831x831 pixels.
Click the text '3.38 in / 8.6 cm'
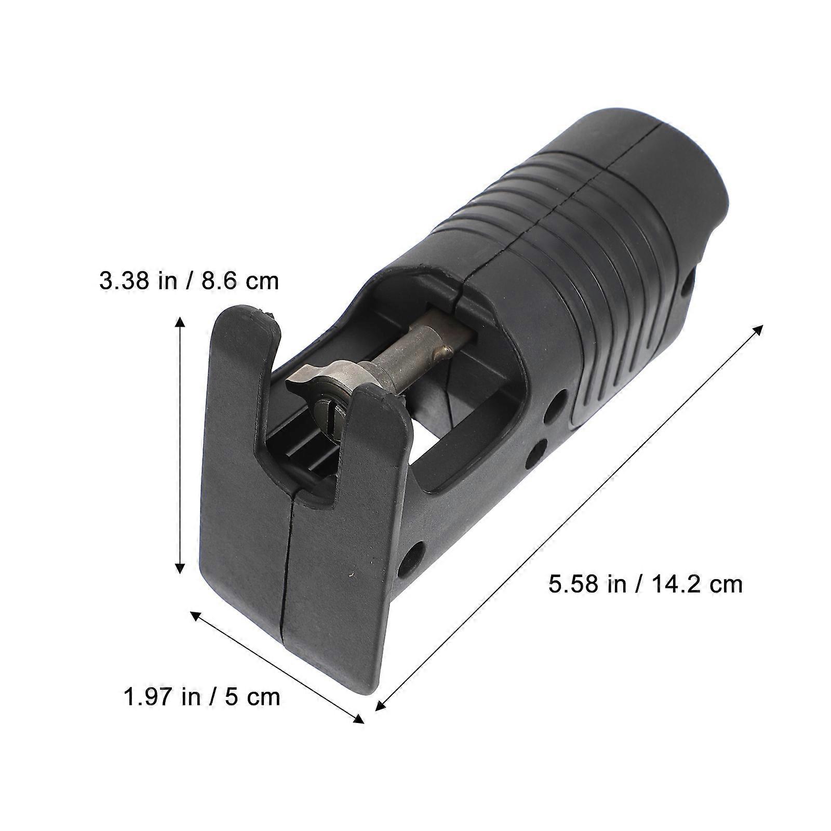pos(189,281)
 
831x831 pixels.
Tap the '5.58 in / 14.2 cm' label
pos(646,584)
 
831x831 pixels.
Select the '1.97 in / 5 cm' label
pos(202,696)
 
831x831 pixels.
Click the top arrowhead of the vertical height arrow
pos(180,323)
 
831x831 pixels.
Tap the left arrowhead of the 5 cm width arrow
pos(198,616)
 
